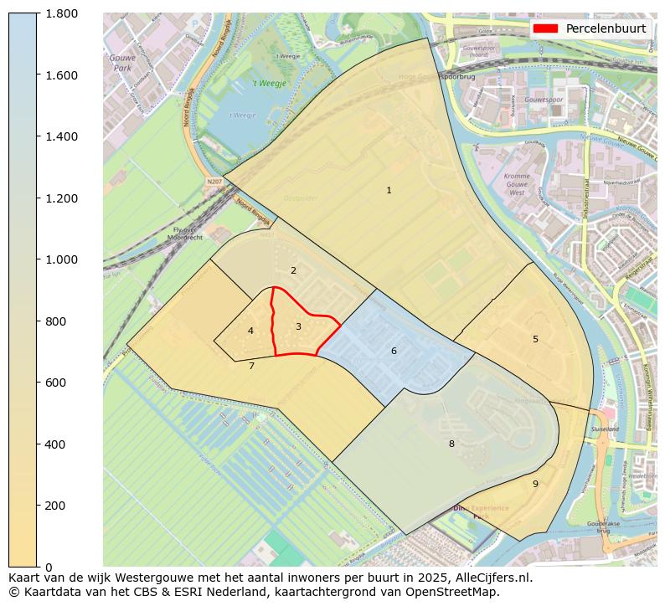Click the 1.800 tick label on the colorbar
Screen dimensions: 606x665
tap(61, 13)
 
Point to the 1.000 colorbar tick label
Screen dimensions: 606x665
tap(61, 259)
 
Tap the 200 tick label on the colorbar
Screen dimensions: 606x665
tap(55, 506)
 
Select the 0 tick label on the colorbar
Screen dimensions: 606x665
tap(49, 567)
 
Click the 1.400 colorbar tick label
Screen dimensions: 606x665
tap(61, 136)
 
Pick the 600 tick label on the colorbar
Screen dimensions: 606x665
tap(55, 383)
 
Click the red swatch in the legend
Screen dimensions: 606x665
tap(544, 28)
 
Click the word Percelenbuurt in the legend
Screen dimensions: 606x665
tap(606, 28)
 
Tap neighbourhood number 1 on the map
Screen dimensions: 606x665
tap(389, 191)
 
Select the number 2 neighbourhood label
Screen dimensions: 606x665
tap(293, 270)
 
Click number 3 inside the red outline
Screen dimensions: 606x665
tap(298, 326)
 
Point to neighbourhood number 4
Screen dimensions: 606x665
tap(250, 331)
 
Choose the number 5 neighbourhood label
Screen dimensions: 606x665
tap(535, 339)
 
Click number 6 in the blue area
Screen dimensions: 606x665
tap(394, 351)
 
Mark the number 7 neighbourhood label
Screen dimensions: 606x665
tap(251, 366)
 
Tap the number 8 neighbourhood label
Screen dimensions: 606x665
tap(451, 444)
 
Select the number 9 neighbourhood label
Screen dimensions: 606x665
tap(535, 484)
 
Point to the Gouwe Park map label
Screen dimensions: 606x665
tap(122, 63)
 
